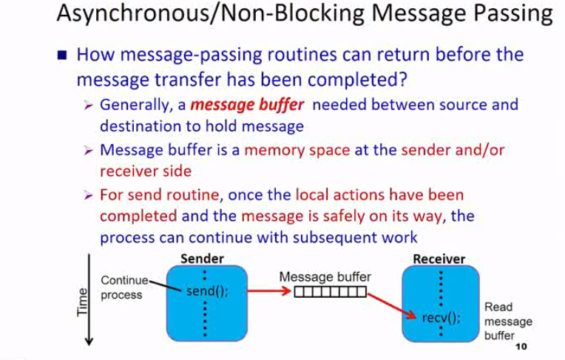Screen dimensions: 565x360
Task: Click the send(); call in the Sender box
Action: click(207, 291)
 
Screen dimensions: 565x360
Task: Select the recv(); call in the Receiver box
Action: click(441, 318)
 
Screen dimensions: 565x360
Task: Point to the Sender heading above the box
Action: click(202, 259)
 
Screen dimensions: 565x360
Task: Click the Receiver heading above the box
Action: click(439, 259)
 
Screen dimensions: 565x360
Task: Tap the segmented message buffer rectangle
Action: click(330, 291)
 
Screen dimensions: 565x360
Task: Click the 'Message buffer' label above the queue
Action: click(325, 276)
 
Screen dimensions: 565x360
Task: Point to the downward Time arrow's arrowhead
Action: click(89, 341)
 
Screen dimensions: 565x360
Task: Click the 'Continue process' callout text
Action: click(124, 288)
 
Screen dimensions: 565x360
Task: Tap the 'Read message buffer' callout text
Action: click(508, 321)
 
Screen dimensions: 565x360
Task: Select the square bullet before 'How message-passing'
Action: click(64, 55)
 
